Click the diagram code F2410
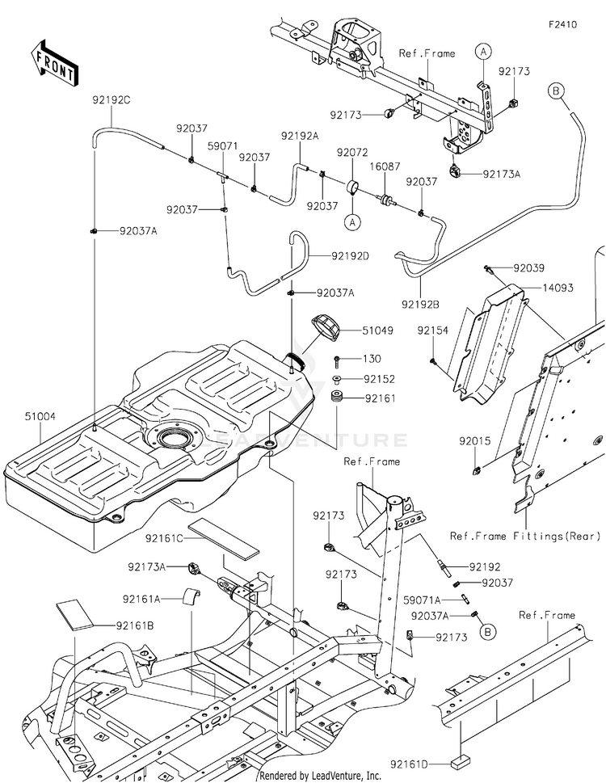click(x=562, y=24)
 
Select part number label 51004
click(x=40, y=416)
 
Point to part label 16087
click(x=385, y=166)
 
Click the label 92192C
click(x=111, y=100)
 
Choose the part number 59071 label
click(x=223, y=145)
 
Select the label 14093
click(x=558, y=288)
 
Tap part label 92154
click(x=433, y=330)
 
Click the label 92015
click(x=475, y=441)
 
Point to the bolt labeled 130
click(x=338, y=359)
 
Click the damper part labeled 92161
click(x=339, y=398)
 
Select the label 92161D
click(x=410, y=764)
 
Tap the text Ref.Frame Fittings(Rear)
click(x=525, y=537)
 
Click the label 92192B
click(x=420, y=304)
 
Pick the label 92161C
click(x=164, y=538)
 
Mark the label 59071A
click(x=423, y=600)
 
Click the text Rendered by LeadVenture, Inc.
click(x=320, y=776)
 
